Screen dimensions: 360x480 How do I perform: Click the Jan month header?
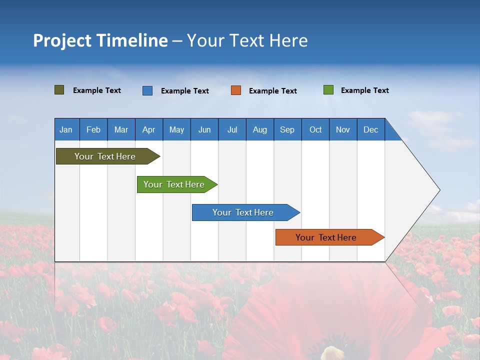pos(66,129)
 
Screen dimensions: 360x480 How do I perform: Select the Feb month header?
pos(93,129)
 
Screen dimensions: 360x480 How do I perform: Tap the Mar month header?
pos(121,129)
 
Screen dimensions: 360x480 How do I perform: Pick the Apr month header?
pos(149,129)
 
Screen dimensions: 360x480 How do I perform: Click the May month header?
pos(176,129)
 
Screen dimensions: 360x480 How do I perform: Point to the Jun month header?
pos(204,129)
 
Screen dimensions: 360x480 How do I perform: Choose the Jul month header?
pos(232,129)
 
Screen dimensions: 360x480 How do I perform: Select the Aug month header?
pos(260,129)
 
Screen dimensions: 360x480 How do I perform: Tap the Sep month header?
pos(287,129)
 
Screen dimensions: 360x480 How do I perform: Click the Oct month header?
pos(315,129)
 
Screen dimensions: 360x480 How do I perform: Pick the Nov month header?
pos(343,129)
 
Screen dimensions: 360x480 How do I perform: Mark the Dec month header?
pos(371,129)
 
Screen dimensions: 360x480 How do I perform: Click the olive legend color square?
pos(59,90)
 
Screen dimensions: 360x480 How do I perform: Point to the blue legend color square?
pos(147,90)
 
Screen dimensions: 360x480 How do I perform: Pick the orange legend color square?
pos(236,90)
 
